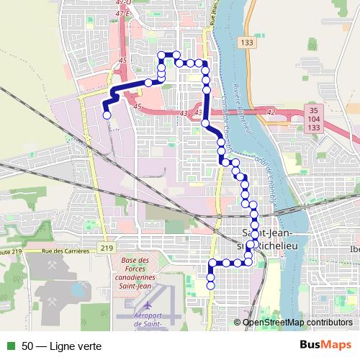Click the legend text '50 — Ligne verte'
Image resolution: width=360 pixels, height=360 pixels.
(61, 346)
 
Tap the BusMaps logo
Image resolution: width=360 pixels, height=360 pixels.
(325, 345)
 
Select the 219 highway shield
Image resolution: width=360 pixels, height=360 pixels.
(107, 248)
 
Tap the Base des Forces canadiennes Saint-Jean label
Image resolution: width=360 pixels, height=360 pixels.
(139, 271)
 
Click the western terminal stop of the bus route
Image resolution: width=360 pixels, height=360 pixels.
(107, 114)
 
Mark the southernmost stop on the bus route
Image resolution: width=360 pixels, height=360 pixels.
(210, 285)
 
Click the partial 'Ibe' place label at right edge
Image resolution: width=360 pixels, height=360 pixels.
(354, 249)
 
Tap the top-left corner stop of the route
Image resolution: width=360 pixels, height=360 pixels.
(161, 55)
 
